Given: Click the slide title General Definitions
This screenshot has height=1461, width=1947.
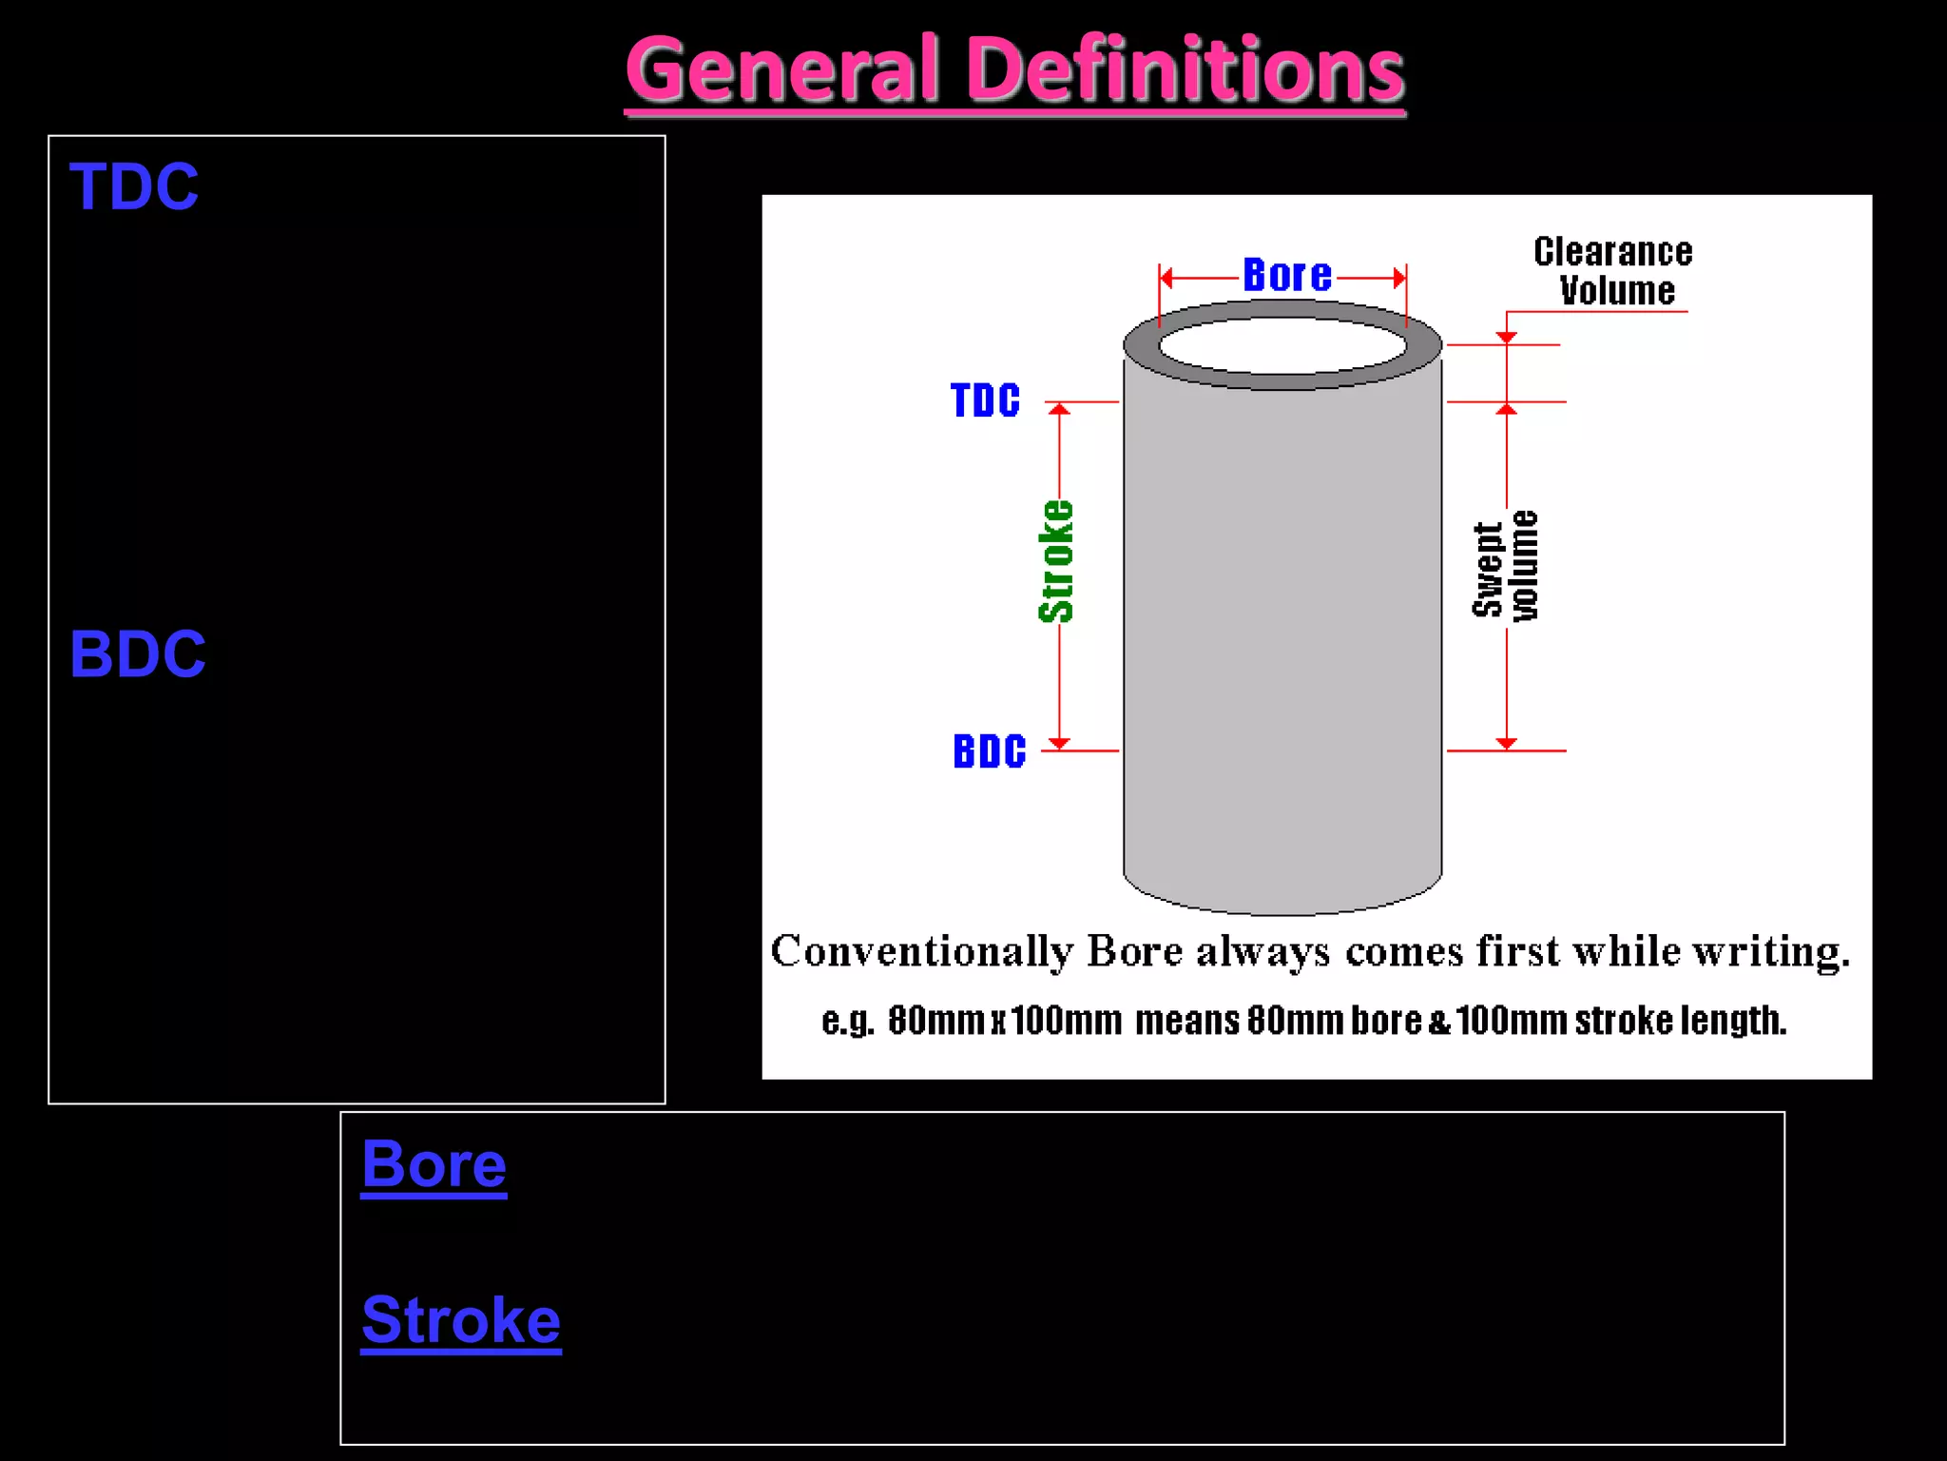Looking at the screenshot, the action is (x=1014, y=70).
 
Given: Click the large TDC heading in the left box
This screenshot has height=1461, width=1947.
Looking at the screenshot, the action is (x=134, y=186).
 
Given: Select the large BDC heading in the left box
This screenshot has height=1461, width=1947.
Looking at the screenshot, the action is (x=138, y=654).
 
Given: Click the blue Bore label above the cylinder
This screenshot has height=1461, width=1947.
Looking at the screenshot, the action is (x=1287, y=276).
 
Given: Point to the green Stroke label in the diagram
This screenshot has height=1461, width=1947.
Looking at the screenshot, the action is (x=1055, y=561).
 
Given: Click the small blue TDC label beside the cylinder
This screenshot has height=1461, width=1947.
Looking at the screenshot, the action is (x=985, y=400).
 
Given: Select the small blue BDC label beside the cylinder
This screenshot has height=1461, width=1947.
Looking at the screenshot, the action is (x=990, y=751).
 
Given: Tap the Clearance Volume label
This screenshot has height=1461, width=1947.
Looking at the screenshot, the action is (x=1613, y=271).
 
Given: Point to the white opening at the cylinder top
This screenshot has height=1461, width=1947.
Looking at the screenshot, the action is (x=1282, y=344).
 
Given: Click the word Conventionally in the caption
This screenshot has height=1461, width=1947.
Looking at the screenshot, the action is (x=921, y=951).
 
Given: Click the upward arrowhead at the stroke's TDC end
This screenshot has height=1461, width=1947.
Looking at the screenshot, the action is (x=1059, y=409).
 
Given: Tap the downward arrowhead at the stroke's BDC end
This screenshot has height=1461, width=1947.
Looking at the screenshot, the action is (x=1059, y=743).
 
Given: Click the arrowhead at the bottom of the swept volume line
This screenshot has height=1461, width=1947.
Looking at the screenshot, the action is (x=1506, y=743).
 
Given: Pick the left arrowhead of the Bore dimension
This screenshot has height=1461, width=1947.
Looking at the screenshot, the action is (x=1166, y=278).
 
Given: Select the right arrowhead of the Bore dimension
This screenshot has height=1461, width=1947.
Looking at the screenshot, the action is (x=1398, y=278).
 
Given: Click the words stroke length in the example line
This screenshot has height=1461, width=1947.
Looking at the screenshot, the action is (x=1680, y=1021).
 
